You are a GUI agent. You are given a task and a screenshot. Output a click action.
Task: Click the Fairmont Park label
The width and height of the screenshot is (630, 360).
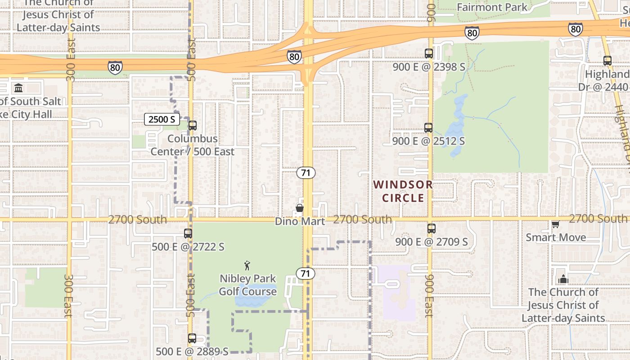[491, 7]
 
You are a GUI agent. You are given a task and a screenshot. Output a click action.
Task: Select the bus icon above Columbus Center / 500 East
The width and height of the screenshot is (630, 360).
[193, 126]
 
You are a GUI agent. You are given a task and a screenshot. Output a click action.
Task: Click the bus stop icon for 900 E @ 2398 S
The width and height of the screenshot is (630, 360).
[428, 54]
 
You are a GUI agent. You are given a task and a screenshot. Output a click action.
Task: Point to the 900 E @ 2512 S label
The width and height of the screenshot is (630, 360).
[428, 141]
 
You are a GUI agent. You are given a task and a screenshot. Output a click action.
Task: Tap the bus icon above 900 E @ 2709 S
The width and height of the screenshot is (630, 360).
[431, 229]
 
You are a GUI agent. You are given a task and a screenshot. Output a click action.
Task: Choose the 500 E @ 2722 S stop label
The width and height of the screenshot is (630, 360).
[188, 247]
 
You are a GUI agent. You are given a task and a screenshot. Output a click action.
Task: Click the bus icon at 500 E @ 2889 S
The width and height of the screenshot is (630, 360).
[192, 338]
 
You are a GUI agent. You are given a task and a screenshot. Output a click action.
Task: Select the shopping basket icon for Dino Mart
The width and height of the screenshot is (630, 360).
[299, 208]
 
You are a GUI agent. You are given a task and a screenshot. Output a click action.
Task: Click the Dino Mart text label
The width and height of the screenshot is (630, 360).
[300, 221]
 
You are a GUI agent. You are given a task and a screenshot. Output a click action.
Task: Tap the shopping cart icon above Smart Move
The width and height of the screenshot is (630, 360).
[555, 224]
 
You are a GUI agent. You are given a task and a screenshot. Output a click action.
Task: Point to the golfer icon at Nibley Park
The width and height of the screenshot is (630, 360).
[247, 265]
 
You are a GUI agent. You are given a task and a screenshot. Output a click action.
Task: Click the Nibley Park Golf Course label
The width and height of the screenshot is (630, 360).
[247, 285]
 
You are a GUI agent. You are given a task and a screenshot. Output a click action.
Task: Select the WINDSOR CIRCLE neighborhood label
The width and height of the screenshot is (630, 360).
[403, 191]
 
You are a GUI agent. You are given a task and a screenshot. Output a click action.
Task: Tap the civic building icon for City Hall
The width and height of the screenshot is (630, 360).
[18, 88]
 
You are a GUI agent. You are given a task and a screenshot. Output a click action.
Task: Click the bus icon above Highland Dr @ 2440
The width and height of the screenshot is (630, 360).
[607, 61]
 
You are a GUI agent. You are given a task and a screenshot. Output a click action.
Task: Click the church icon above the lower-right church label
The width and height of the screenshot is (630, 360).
[563, 279]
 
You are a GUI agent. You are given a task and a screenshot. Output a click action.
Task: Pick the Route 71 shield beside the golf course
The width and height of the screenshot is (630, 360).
[306, 274]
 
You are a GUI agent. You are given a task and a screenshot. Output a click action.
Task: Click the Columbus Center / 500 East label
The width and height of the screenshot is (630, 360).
[193, 145]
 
